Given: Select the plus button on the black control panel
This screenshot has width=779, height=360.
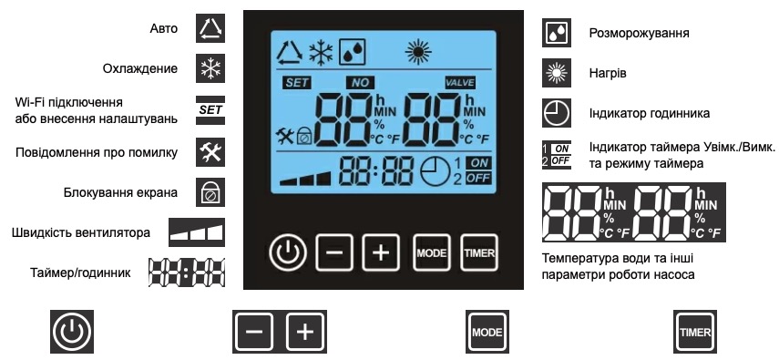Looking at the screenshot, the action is [380, 252].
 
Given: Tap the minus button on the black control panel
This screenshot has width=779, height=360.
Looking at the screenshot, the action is [333, 252].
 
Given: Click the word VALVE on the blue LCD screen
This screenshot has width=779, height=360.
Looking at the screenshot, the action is [460, 82].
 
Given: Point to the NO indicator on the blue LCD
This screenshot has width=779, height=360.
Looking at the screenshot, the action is [361, 82].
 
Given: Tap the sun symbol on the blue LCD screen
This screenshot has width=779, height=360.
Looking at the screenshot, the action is [419, 51].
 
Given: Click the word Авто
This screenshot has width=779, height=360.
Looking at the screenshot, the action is [164, 30].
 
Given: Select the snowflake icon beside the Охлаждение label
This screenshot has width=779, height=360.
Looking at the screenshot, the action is [210, 69].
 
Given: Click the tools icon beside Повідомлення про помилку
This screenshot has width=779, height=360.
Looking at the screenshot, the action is [210, 151].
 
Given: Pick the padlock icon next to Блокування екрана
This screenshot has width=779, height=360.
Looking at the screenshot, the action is [210, 192].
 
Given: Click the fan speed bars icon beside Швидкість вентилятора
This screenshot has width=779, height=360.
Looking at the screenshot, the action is [197, 231].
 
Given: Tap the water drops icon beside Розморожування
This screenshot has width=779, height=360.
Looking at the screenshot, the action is [556, 32].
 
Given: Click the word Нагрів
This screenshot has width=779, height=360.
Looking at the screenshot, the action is [607, 71].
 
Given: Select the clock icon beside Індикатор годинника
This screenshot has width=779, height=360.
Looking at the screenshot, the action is [556, 112].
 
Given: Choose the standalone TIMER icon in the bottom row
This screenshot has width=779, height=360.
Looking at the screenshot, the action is [694, 332].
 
